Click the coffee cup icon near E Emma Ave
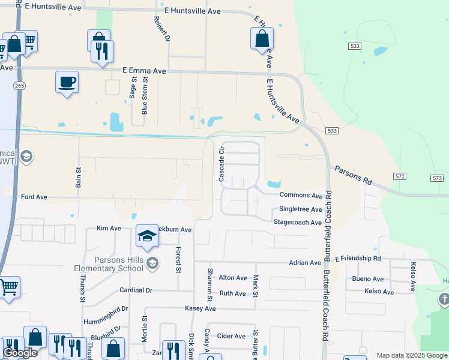67,82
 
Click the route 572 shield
401,176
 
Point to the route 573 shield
436,178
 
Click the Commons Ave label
301,195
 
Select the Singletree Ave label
301,209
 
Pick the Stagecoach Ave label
298,223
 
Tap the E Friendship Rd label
358,259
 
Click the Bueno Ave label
368,279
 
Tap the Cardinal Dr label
136,290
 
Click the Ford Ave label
34,197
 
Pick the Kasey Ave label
200,308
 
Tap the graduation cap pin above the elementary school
146,237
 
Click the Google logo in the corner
20,353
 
